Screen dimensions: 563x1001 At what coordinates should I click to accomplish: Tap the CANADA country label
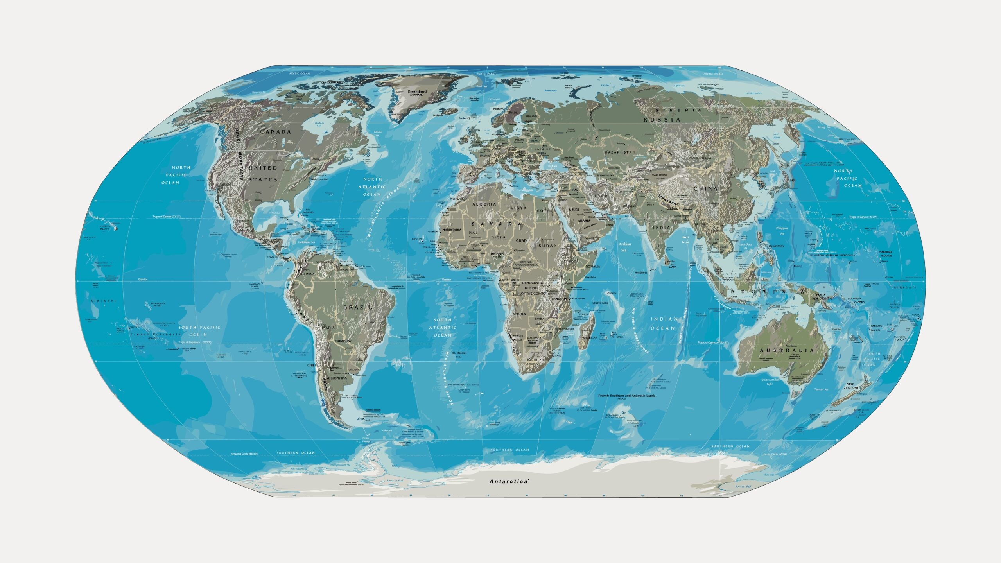[x=276, y=132]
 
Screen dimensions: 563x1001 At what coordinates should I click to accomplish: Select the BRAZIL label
[x=358, y=307]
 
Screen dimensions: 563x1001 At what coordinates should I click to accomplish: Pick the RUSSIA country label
[x=662, y=120]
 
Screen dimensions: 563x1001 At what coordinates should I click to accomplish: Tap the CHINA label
[x=706, y=188]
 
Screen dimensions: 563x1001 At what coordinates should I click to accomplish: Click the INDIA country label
[x=661, y=228]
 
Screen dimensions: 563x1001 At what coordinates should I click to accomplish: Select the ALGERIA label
[x=484, y=204]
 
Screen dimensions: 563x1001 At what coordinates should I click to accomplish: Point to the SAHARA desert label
[x=496, y=224]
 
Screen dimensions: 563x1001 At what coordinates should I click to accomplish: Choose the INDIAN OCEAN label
[x=664, y=324]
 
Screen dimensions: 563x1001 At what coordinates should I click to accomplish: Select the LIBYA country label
[x=518, y=208]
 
